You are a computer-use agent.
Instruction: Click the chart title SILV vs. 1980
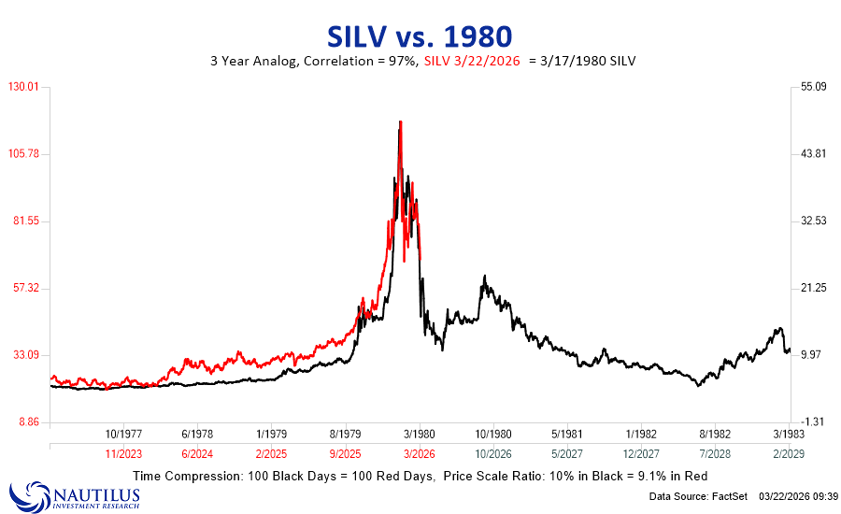420,36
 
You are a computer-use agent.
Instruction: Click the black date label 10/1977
123,435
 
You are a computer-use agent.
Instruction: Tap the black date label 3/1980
420,435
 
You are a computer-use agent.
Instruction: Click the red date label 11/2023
123,452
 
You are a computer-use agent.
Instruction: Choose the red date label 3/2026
420,452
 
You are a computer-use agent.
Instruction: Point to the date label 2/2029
789,452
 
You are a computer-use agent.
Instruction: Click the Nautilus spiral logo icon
24,494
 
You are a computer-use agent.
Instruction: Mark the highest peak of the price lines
400,121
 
